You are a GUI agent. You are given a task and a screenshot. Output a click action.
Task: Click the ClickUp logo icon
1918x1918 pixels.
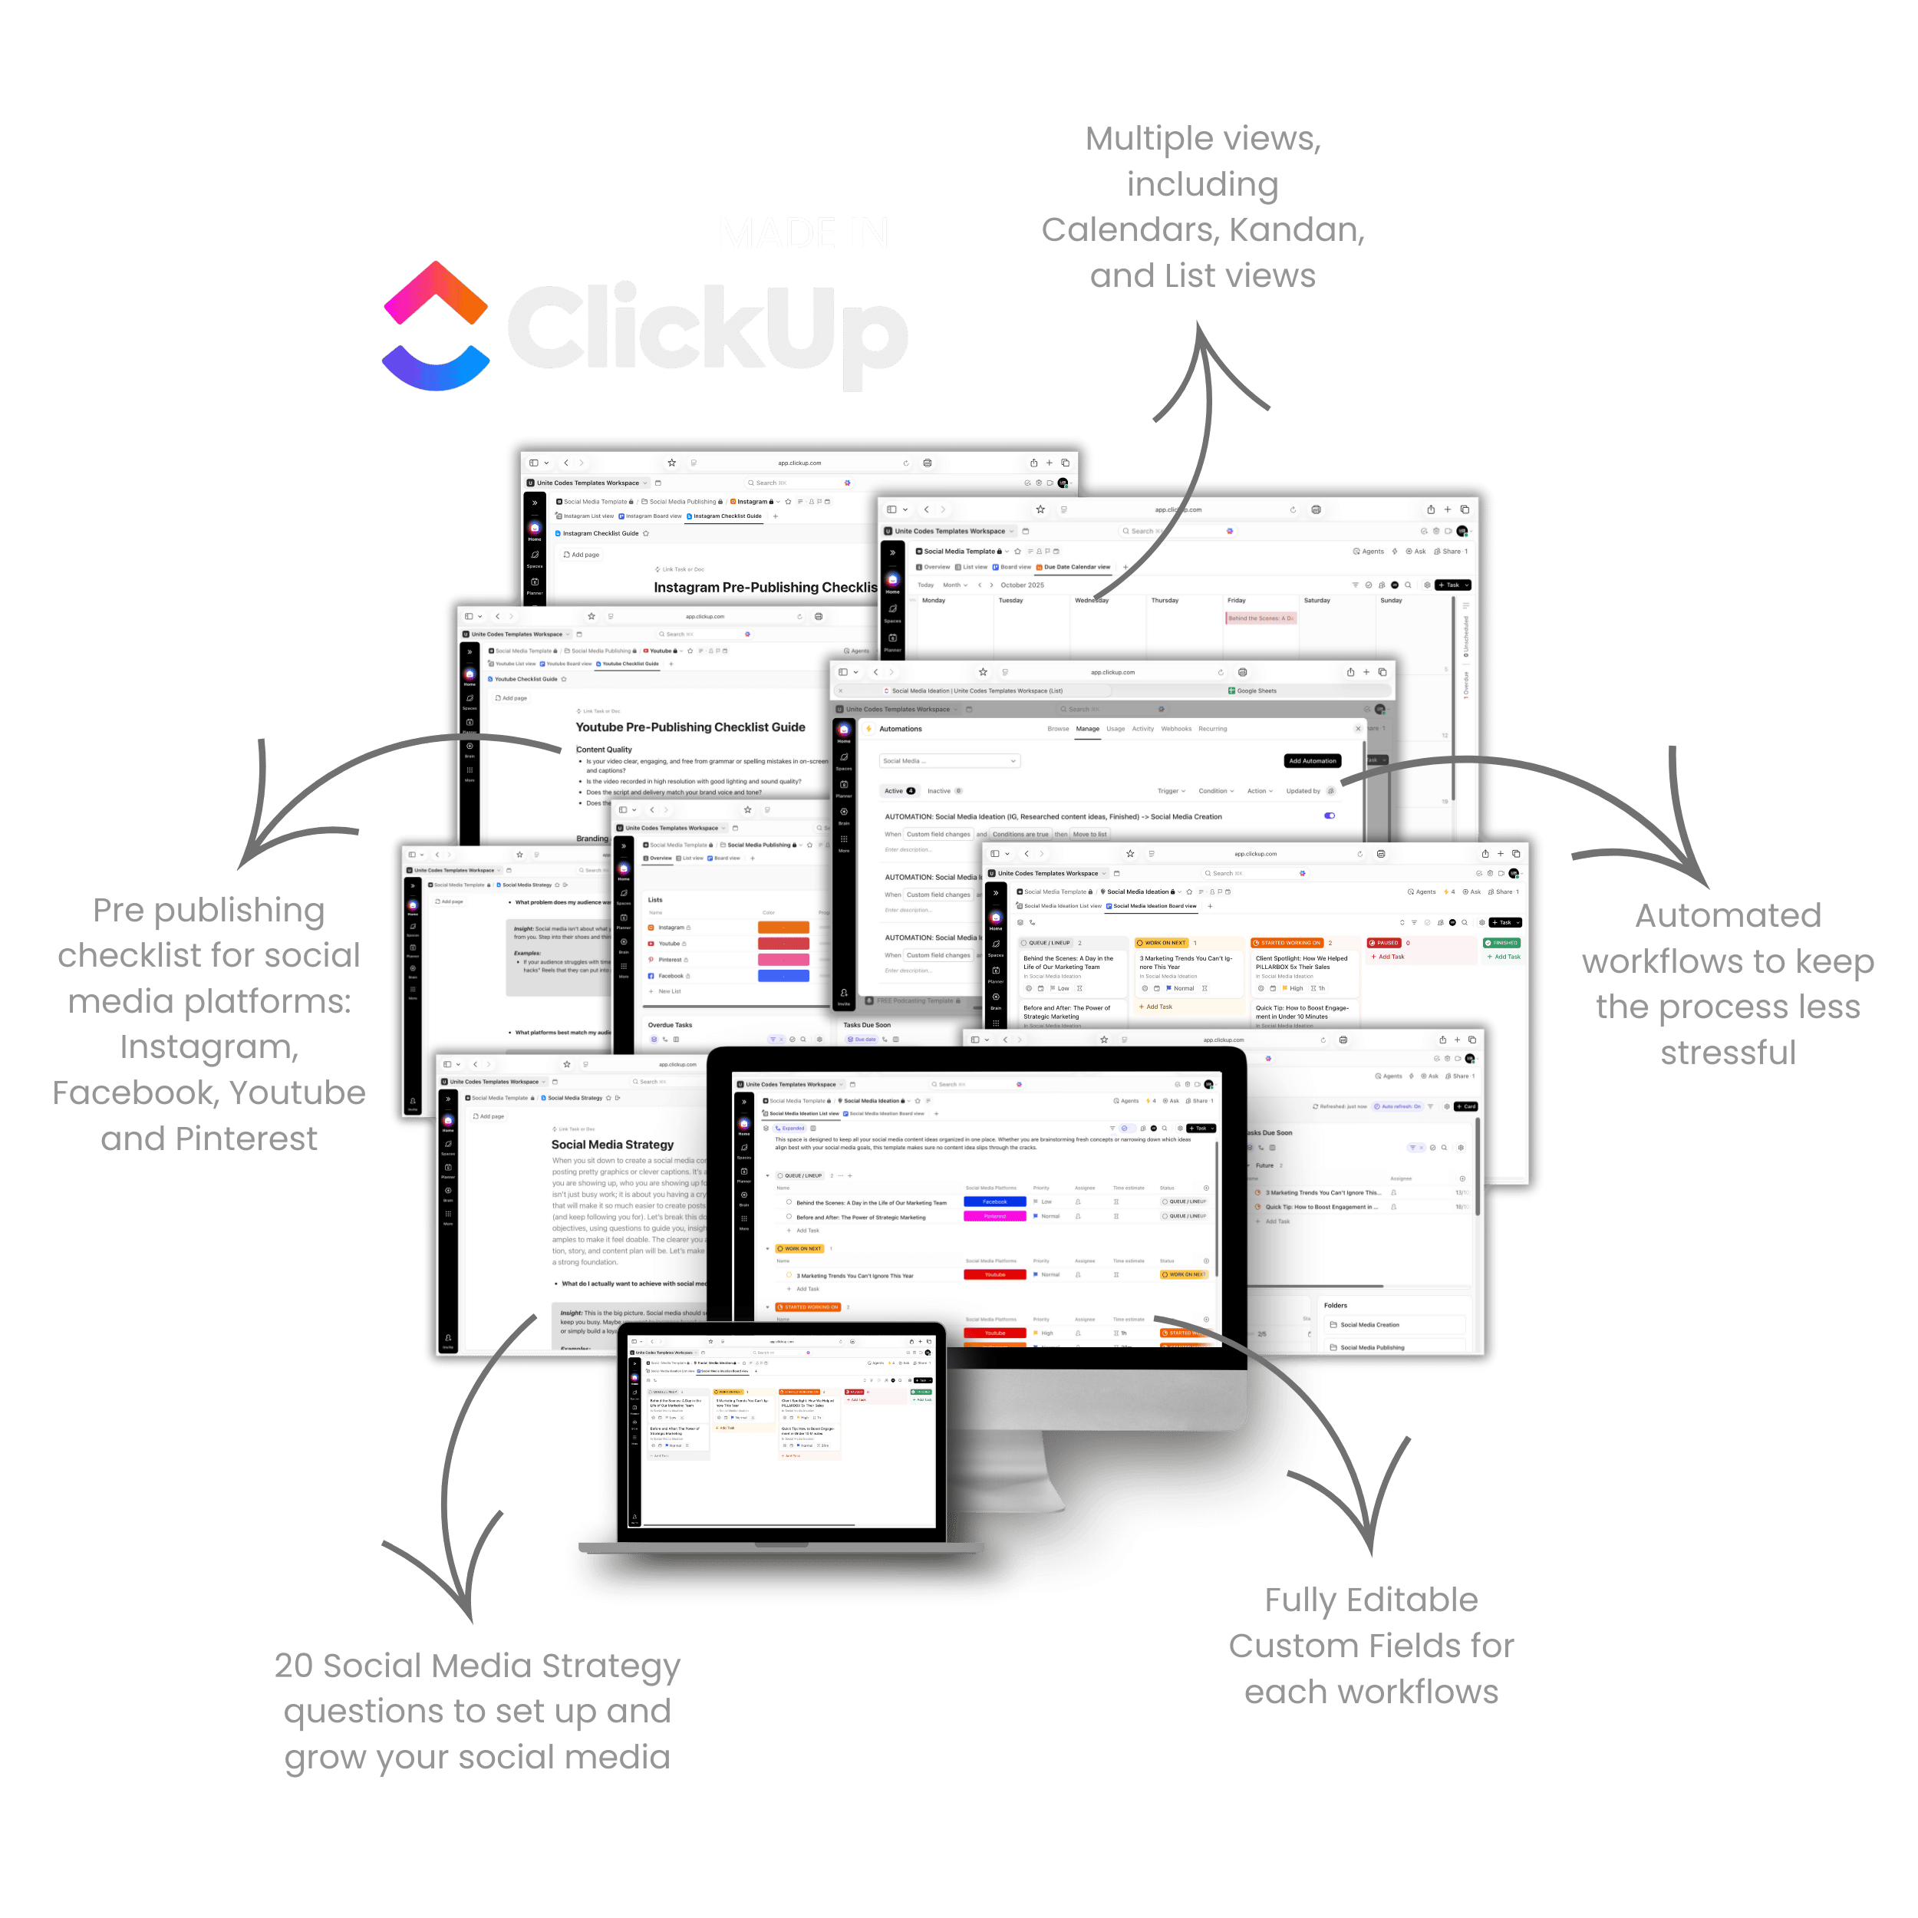437,327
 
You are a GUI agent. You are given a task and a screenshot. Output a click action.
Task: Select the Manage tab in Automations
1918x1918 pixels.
1087,729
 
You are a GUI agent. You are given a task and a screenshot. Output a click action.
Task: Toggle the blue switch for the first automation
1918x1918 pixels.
1330,816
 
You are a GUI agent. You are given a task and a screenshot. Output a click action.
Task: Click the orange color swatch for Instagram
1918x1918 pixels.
783,928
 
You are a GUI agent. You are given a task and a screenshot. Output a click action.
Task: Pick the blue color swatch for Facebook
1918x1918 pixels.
783,976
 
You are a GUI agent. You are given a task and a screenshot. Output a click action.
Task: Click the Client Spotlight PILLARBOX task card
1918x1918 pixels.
1301,963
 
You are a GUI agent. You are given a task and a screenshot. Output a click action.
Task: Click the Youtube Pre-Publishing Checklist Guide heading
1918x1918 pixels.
690,727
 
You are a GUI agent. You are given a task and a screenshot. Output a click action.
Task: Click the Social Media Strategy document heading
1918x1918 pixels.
612,1145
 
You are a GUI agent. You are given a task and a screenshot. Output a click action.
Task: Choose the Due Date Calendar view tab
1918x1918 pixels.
1075,567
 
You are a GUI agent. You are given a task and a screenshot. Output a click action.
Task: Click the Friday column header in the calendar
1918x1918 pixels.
1236,601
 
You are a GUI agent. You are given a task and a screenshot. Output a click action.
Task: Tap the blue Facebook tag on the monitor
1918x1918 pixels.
994,1201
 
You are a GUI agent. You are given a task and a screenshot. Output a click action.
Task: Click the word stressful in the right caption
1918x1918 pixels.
1728,1053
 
